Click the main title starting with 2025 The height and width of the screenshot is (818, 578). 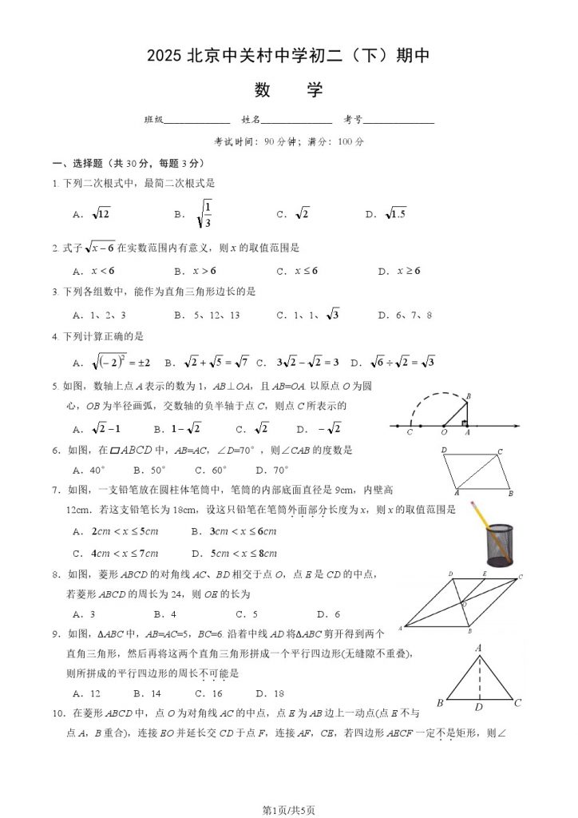point(288,56)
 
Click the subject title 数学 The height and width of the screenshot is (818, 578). point(288,89)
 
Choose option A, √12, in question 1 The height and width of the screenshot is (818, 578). point(93,214)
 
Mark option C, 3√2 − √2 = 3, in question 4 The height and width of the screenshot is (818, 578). point(300,361)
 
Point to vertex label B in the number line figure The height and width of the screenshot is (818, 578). point(468,395)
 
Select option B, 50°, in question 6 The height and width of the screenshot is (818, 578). point(149,471)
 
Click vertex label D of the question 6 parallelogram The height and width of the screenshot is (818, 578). point(444,451)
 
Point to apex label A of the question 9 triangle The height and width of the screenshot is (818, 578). point(479,649)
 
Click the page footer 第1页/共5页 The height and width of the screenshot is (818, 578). point(288,810)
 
